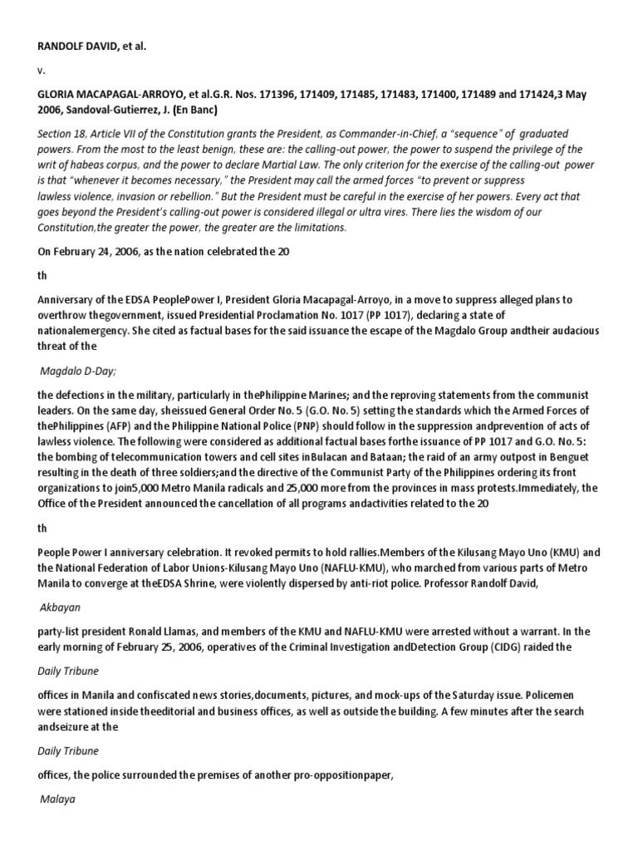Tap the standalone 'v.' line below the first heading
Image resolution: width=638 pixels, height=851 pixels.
pos(41,71)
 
